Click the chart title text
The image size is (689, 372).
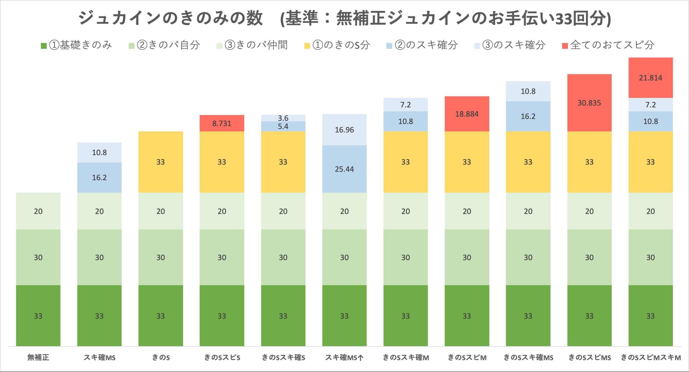[x=344, y=18]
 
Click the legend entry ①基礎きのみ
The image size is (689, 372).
[x=76, y=45]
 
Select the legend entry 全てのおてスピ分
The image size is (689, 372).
[x=608, y=45]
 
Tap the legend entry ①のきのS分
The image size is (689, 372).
[x=338, y=45]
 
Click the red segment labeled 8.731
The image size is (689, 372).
[x=222, y=123]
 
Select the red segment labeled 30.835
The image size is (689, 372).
[x=589, y=103]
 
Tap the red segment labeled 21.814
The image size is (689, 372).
[x=651, y=78]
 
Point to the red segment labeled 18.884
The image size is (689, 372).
[x=467, y=114]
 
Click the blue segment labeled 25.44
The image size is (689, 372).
[x=344, y=169]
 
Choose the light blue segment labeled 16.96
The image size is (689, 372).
[x=344, y=130]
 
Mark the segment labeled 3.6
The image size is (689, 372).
[x=283, y=118]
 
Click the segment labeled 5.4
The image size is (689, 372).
[x=283, y=126]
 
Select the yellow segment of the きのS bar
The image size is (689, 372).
[x=161, y=162]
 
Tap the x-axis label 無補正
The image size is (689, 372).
[x=38, y=357]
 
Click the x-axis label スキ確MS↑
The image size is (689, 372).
[x=344, y=357]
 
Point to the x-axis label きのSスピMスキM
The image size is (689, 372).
[x=651, y=357]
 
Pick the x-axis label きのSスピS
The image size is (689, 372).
[x=222, y=357]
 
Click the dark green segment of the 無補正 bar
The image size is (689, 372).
[x=38, y=315]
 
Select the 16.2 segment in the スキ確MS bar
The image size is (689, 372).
[x=99, y=177]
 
